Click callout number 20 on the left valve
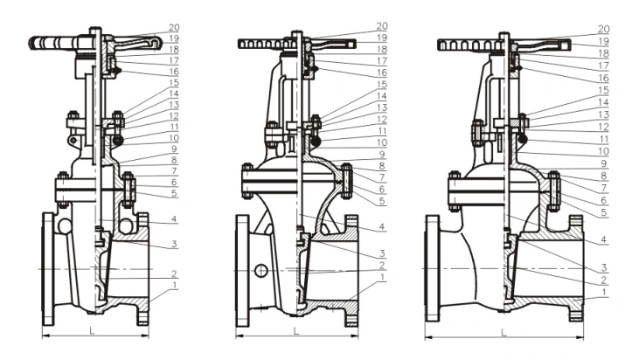point(174,26)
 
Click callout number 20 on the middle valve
point(381,26)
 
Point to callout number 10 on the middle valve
point(381,142)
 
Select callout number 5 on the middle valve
point(381,201)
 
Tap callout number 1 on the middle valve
point(381,278)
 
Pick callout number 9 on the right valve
point(603,163)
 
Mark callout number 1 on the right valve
point(603,293)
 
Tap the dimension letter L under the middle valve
point(295,331)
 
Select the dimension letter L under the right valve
point(504,331)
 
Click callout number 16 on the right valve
point(603,78)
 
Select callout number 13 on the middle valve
point(381,107)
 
